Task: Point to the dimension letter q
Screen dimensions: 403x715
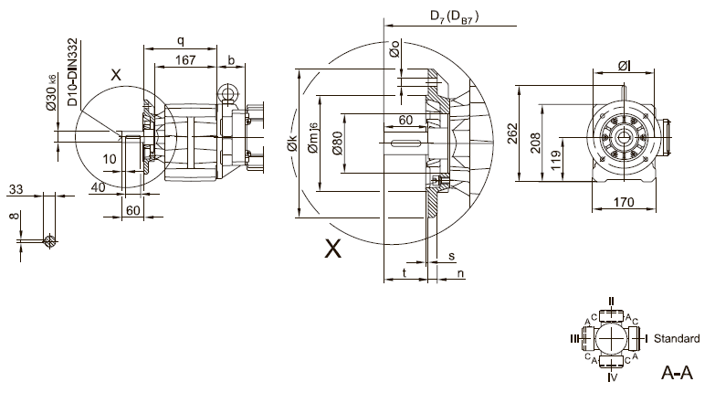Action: click(x=181, y=40)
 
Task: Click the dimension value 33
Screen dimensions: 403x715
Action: click(x=16, y=189)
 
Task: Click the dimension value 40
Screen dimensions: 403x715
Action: click(x=97, y=187)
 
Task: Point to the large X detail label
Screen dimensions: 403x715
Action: click(x=333, y=248)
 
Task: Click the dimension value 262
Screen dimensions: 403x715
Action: click(x=512, y=133)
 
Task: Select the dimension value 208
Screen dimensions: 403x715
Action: click(x=533, y=139)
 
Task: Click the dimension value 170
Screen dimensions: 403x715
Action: click(x=624, y=202)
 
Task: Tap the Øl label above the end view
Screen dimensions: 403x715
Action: click(x=623, y=66)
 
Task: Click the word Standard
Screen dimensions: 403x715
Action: click(x=676, y=339)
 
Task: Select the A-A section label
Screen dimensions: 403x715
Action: click(x=677, y=374)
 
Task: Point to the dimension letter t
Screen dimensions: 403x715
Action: click(x=403, y=273)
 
